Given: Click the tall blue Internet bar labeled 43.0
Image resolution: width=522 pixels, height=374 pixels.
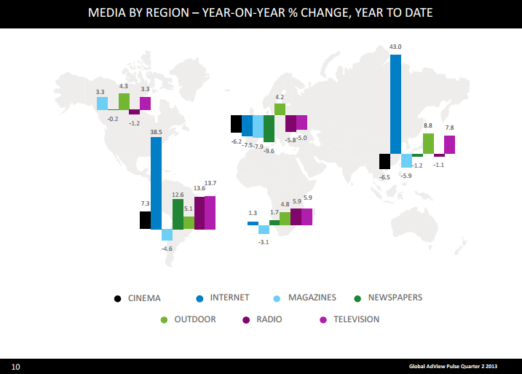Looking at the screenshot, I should click(x=395, y=104).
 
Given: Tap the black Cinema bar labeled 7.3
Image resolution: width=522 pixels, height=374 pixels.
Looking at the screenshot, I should click(x=145, y=220).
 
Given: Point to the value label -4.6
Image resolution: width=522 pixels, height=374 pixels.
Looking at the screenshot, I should click(x=167, y=249).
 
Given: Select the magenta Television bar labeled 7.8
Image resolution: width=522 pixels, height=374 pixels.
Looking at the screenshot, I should click(x=449, y=144).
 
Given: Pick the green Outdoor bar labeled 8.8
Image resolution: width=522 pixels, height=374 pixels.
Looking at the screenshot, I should click(x=428, y=144).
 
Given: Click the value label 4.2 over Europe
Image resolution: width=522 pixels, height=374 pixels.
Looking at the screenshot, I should click(x=280, y=97).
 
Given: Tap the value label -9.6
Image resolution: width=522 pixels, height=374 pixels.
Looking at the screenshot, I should click(x=269, y=150).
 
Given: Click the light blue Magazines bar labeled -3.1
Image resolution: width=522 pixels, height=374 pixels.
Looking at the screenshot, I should click(x=264, y=229).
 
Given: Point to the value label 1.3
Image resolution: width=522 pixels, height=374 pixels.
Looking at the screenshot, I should click(x=253, y=214).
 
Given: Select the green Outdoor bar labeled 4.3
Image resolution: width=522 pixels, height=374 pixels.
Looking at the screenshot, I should click(x=124, y=101).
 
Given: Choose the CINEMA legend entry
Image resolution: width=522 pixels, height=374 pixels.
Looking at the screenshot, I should click(x=138, y=297).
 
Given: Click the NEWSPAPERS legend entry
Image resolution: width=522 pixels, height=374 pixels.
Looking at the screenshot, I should click(x=389, y=297).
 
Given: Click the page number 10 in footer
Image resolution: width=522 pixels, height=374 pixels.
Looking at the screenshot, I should click(x=15, y=365).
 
